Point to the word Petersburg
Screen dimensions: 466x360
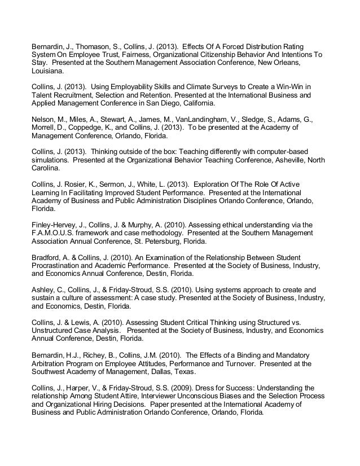coord(178,242)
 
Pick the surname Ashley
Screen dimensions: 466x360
coord(40,289)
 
